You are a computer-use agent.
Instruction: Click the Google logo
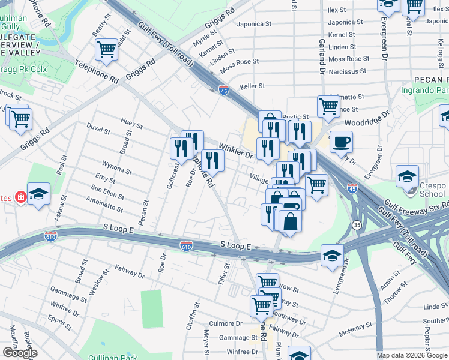click(20, 353)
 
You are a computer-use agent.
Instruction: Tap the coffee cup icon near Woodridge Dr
click(341, 142)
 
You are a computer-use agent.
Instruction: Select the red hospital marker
click(20, 197)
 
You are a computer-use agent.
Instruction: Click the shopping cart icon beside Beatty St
click(106, 50)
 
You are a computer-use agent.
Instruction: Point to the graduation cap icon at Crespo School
click(407, 176)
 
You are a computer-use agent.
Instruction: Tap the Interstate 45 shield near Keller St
click(224, 89)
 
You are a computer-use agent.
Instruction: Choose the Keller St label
click(252, 86)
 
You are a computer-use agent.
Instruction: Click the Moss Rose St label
click(239, 62)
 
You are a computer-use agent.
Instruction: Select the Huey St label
click(131, 125)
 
